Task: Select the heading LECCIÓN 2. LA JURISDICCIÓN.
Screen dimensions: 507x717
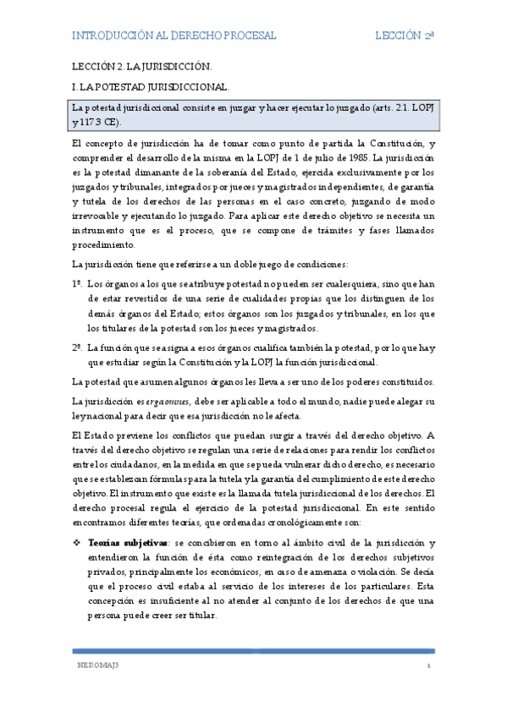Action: pyautogui.click(x=141, y=65)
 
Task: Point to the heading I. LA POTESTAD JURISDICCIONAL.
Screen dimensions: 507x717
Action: pyautogui.click(x=151, y=86)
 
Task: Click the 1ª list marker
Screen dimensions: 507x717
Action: pyautogui.click(x=77, y=286)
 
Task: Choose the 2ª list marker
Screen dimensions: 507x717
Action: pyautogui.click(x=77, y=347)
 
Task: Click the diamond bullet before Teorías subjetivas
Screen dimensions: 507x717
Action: pyautogui.click(x=76, y=541)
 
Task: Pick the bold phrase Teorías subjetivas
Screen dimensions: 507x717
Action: pyautogui.click(x=122, y=541)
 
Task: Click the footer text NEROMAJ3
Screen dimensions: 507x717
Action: pyautogui.click(x=94, y=666)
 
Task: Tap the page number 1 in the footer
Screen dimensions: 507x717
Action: pyautogui.click(x=429, y=666)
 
